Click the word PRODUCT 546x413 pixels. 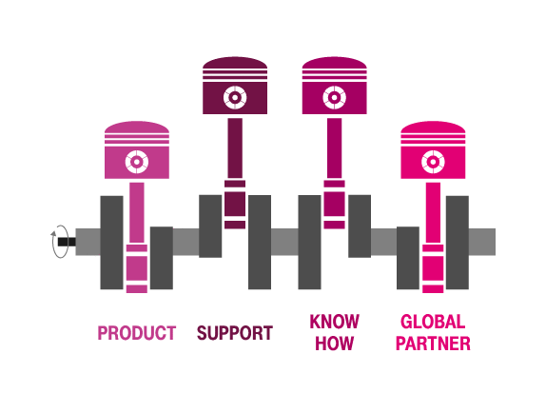[137, 332]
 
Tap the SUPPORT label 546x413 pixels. [235, 332]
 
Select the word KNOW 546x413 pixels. [334, 322]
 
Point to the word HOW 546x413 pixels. [334, 344]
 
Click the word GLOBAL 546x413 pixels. [433, 322]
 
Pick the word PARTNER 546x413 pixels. [433, 344]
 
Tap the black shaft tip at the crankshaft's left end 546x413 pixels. [67, 242]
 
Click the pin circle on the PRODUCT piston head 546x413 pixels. [137, 162]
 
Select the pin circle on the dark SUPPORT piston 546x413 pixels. [235, 97]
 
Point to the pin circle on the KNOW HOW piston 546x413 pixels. [334, 97]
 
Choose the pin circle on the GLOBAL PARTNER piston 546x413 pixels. [433, 162]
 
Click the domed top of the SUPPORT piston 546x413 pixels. [235, 63]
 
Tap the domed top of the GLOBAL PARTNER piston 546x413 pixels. [433, 128]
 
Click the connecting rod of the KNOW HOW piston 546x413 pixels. [334, 148]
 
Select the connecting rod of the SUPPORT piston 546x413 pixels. [235, 148]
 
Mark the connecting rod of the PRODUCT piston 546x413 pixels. [137, 212]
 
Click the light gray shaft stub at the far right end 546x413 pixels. [482, 242]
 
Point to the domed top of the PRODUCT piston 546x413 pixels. [137, 128]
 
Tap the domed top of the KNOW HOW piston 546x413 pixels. [334, 63]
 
